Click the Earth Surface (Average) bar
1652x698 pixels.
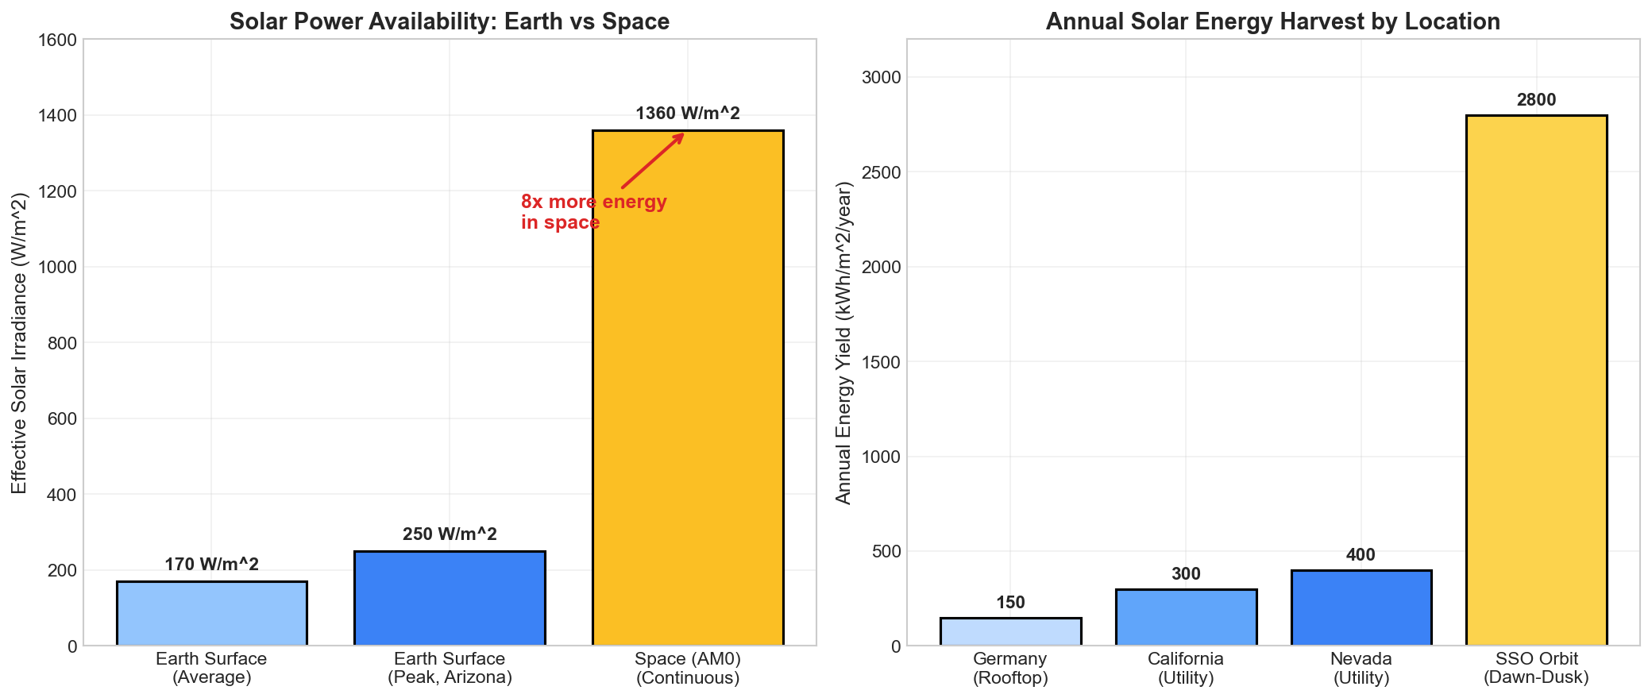(x=211, y=613)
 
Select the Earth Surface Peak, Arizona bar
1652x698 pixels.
(x=450, y=598)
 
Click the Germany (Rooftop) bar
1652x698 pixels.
(x=1010, y=632)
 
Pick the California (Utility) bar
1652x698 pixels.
(x=1186, y=618)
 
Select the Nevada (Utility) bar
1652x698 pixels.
(x=1361, y=608)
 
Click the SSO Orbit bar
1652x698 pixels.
(x=1536, y=381)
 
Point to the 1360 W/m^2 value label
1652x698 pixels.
(x=688, y=114)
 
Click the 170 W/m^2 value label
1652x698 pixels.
(x=211, y=565)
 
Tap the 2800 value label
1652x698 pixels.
(x=1536, y=100)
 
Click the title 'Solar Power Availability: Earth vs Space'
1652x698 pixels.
(x=450, y=21)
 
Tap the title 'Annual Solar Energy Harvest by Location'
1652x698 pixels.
(x=1272, y=21)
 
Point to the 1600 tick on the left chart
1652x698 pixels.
(x=59, y=40)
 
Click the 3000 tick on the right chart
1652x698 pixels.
(x=884, y=78)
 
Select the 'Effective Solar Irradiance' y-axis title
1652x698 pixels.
(x=20, y=342)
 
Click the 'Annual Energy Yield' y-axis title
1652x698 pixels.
(x=843, y=342)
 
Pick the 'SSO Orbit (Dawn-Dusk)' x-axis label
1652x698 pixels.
(x=1536, y=668)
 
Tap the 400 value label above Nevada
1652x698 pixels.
(x=1361, y=555)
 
